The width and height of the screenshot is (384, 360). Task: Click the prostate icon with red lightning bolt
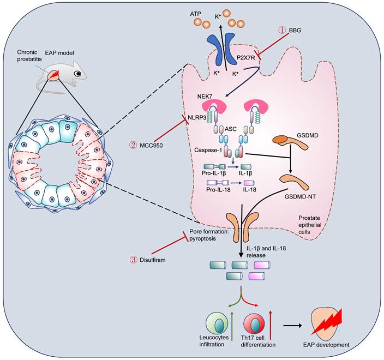(330, 322)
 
